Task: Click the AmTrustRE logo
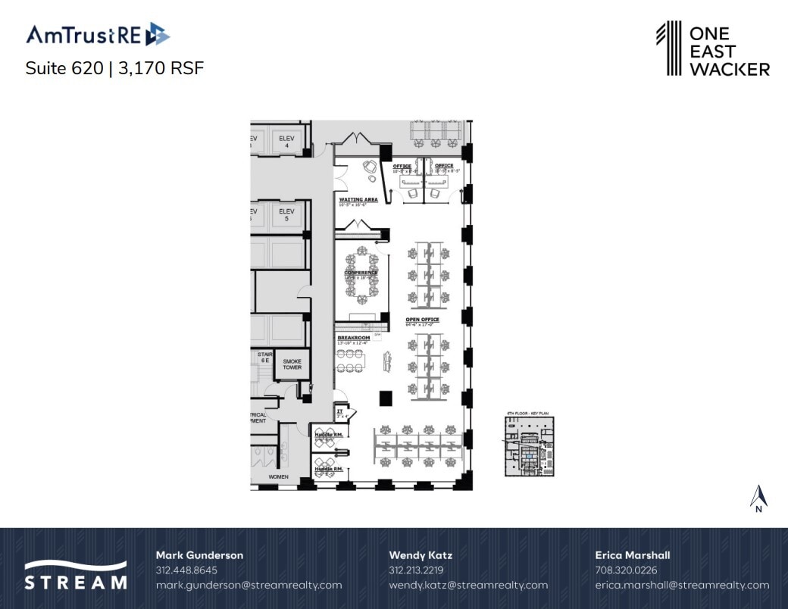click(98, 35)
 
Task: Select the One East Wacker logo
click(712, 49)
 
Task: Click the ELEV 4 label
click(286, 141)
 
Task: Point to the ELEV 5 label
click(286, 214)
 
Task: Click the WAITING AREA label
click(358, 200)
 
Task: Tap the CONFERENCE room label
click(361, 273)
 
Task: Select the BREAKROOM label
click(353, 338)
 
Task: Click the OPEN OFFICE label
click(423, 320)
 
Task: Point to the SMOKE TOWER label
click(292, 364)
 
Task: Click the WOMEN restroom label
click(279, 476)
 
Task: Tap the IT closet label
click(340, 411)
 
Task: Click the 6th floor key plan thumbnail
click(530, 446)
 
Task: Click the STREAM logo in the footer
click(75, 575)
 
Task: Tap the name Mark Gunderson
click(199, 555)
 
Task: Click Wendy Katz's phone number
click(416, 570)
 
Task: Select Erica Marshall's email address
click(682, 585)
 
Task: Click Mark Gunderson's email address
click(249, 585)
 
